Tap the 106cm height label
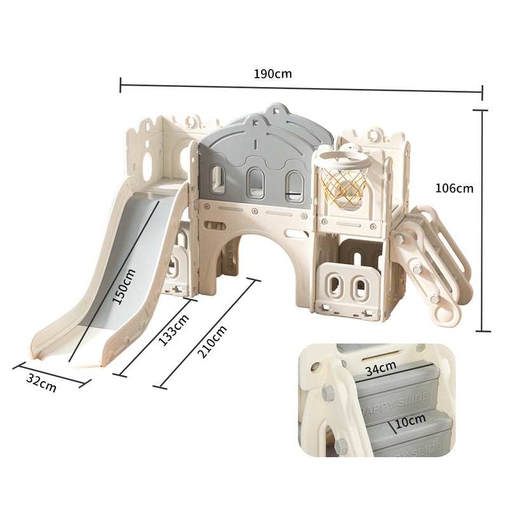point(454,188)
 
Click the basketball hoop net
point(344,184)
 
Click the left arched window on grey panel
point(217,179)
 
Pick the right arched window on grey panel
point(294,184)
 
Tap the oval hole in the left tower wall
point(147,166)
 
